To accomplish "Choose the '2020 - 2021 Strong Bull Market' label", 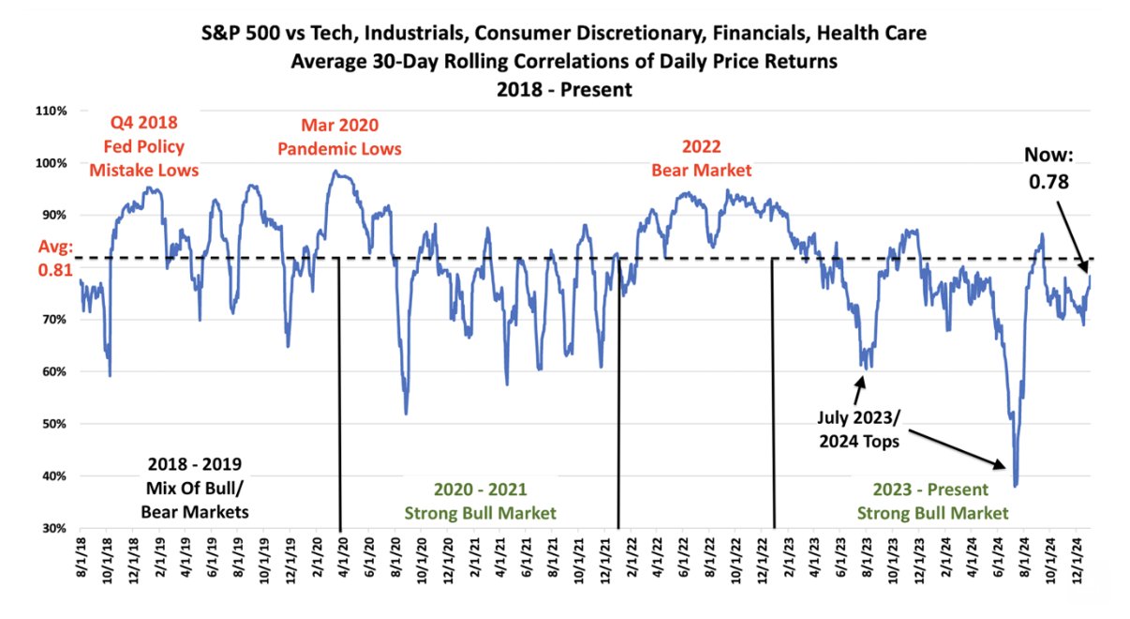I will click(x=480, y=502).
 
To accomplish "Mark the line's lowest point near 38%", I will click(x=1016, y=486).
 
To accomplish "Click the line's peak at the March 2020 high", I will click(x=335, y=172).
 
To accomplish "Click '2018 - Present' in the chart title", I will click(x=565, y=90).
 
